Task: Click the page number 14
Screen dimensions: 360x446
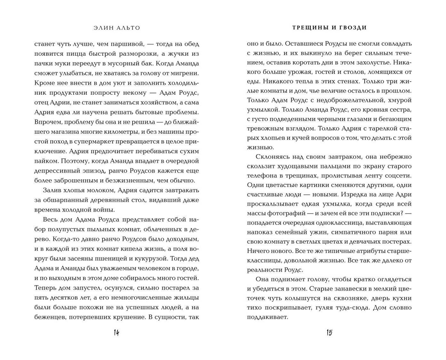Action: click(x=116, y=333)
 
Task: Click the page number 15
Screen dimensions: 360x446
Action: click(x=329, y=333)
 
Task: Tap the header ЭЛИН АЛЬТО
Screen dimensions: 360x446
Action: click(x=117, y=28)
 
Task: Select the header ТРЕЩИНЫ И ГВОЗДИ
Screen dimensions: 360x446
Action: click(x=329, y=28)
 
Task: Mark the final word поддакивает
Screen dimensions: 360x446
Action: click(x=267, y=317)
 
